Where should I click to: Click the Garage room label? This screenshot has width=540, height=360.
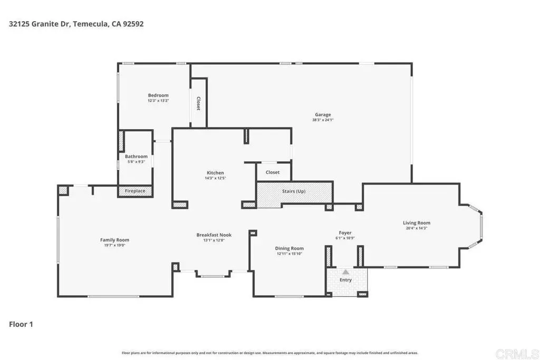(323, 114)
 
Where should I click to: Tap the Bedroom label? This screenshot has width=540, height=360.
(158, 95)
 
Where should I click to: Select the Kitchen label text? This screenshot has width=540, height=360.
(215, 173)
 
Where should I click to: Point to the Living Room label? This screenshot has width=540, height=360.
(417, 222)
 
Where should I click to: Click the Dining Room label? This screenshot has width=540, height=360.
(290, 248)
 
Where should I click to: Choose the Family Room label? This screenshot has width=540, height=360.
(114, 240)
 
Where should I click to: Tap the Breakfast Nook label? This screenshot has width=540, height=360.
(214, 235)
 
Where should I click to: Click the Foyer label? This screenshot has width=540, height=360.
(345, 232)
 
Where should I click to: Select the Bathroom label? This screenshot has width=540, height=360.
(136, 156)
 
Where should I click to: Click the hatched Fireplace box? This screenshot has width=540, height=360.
(135, 191)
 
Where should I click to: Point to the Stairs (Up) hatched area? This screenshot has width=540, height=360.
(294, 194)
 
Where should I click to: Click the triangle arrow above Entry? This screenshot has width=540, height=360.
(345, 272)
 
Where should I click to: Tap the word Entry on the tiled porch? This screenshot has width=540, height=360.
(345, 280)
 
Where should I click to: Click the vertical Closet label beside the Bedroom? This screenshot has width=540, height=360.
(198, 103)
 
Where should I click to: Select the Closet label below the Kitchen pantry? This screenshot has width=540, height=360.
(273, 172)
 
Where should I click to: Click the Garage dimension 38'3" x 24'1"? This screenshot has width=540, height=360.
(323, 120)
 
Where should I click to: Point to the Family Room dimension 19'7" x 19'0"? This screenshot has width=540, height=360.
(114, 245)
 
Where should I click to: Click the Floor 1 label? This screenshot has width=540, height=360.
(21, 324)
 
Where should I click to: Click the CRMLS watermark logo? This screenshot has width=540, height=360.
(517, 354)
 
